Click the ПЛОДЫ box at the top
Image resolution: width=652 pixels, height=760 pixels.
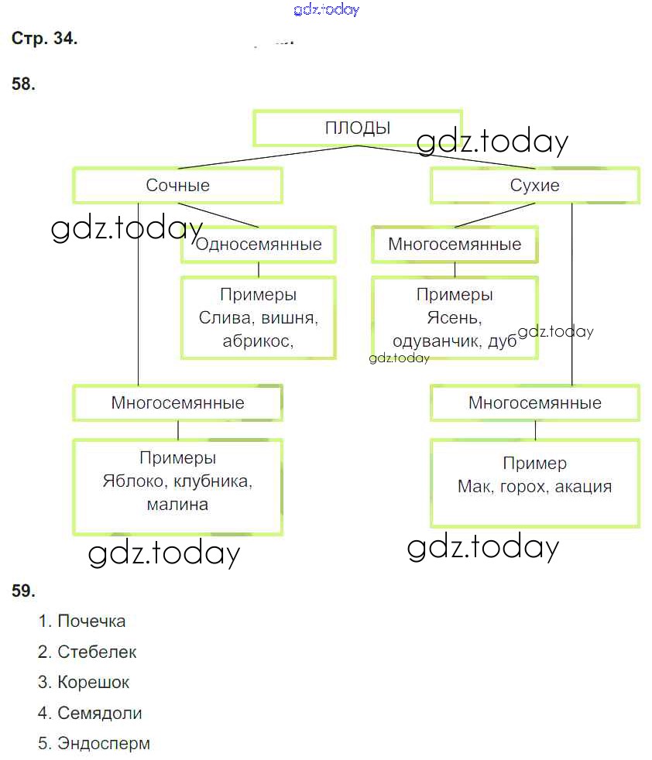[357, 128]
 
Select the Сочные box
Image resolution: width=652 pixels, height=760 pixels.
[177, 186]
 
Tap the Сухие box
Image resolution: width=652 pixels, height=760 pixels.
[534, 186]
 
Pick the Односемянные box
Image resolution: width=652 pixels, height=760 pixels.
[259, 245]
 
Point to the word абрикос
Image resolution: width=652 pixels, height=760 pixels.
[256, 341]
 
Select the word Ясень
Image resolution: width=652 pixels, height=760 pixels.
[455, 318]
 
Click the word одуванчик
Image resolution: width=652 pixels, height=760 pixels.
[435, 342]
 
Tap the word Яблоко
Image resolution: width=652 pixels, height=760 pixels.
[132, 481]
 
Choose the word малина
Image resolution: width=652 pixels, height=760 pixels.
[177, 505]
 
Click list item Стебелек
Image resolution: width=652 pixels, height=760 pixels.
[97, 652]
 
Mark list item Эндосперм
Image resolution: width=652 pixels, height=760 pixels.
[104, 744]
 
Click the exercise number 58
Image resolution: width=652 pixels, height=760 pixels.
[23, 84]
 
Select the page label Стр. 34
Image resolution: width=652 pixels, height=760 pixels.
[44, 39]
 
